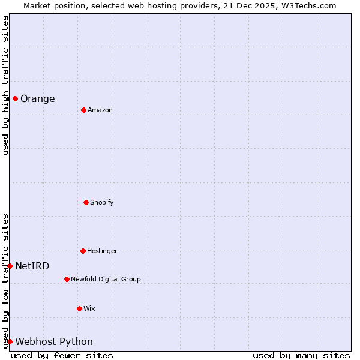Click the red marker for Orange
15,98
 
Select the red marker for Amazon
83,110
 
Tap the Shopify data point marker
86,202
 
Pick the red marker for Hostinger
83,251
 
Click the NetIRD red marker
10,266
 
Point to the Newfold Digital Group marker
67,279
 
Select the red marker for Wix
79,308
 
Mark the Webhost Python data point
10,341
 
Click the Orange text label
38,99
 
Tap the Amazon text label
100,110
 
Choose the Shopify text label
102,203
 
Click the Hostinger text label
102,251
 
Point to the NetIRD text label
32,266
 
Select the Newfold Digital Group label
106,280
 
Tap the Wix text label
89,309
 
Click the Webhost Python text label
54,342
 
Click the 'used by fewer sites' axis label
62,355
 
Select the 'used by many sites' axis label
301,355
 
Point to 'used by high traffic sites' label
5,85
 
